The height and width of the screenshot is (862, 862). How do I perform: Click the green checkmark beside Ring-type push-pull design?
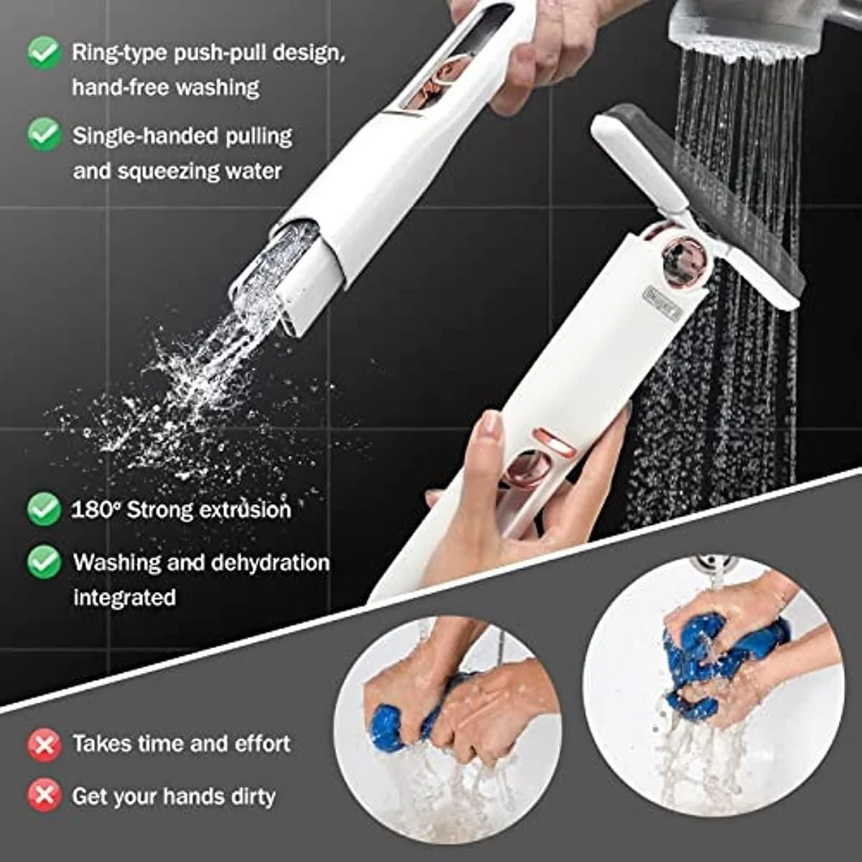(44, 52)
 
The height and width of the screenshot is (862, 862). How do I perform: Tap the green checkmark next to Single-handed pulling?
(44, 134)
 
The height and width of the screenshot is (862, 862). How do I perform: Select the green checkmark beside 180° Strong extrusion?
(44, 509)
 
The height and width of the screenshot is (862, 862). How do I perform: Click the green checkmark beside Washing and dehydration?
(44, 562)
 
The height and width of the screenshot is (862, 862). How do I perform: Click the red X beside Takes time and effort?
(44, 744)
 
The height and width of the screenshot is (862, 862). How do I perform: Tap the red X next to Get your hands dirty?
(44, 796)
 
